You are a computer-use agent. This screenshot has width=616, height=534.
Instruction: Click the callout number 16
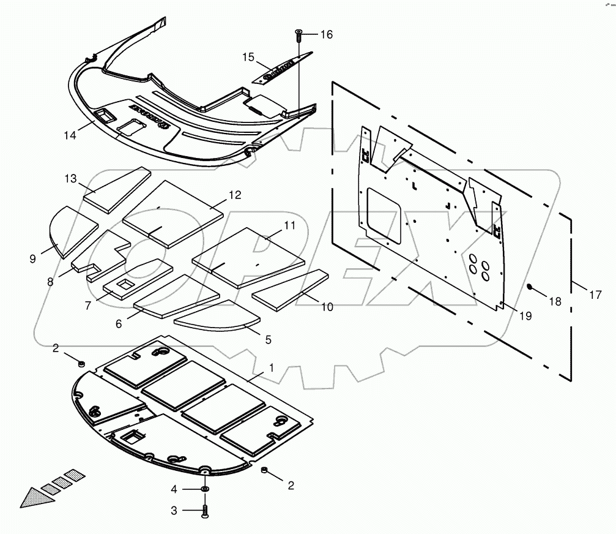[x=326, y=35]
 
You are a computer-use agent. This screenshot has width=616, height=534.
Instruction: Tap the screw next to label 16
[x=299, y=34]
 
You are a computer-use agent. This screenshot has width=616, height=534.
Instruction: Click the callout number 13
[x=72, y=178]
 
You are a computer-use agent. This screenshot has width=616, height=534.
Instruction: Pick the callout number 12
[x=235, y=195]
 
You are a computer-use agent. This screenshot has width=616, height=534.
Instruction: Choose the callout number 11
[x=289, y=225]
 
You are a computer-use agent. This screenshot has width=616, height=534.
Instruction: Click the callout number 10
[x=327, y=307]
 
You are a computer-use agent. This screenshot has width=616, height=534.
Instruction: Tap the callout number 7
[x=89, y=304]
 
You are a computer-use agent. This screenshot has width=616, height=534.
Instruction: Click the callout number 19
[x=525, y=316]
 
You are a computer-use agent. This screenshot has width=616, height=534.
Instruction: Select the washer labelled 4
[x=204, y=489]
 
